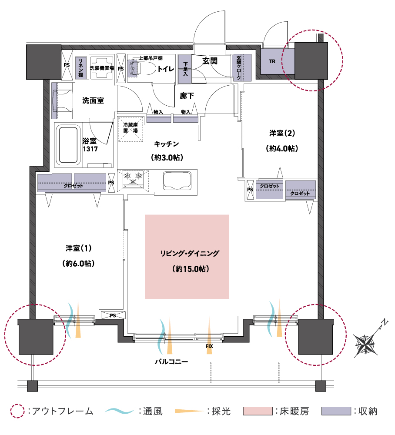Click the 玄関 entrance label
point(209,61)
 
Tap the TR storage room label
point(272,61)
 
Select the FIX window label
point(210,347)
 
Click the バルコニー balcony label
point(171,361)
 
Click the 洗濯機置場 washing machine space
point(102,68)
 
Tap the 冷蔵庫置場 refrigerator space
point(130,128)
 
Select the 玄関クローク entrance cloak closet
point(242,67)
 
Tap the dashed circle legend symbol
point(17,411)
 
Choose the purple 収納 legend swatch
point(336,411)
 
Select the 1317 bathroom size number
point(90,149)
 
